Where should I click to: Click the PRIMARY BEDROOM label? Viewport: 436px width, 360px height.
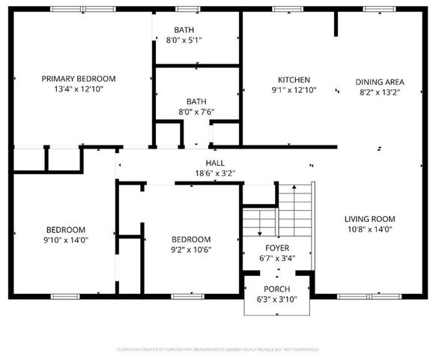coord(79,79)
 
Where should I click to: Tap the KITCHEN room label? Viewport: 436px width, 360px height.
coord(294,80)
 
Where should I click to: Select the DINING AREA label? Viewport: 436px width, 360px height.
coord(380,82)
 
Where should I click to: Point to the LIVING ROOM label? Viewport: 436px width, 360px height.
coord(369,219)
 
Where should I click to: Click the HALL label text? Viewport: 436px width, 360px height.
coord(215,163)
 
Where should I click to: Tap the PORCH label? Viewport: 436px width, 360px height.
coord(276,289)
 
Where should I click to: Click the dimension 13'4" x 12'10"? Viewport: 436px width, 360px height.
coord(79,89)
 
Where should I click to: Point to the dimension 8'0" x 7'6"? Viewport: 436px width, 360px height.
coord(196,112)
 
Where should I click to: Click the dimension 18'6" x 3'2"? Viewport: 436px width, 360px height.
coord(215,173)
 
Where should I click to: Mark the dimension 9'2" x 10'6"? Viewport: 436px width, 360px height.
coord(191,249)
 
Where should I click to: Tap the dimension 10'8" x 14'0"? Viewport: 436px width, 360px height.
coord(369,229)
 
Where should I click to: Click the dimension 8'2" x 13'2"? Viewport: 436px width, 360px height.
coord(380,92)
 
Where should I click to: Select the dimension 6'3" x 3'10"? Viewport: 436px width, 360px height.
coord(276,300)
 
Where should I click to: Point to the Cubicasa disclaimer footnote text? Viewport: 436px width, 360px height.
coord(218,349)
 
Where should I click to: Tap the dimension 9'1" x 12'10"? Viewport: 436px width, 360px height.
coord(294,90)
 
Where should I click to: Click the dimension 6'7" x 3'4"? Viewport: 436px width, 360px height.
coord(277,259)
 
